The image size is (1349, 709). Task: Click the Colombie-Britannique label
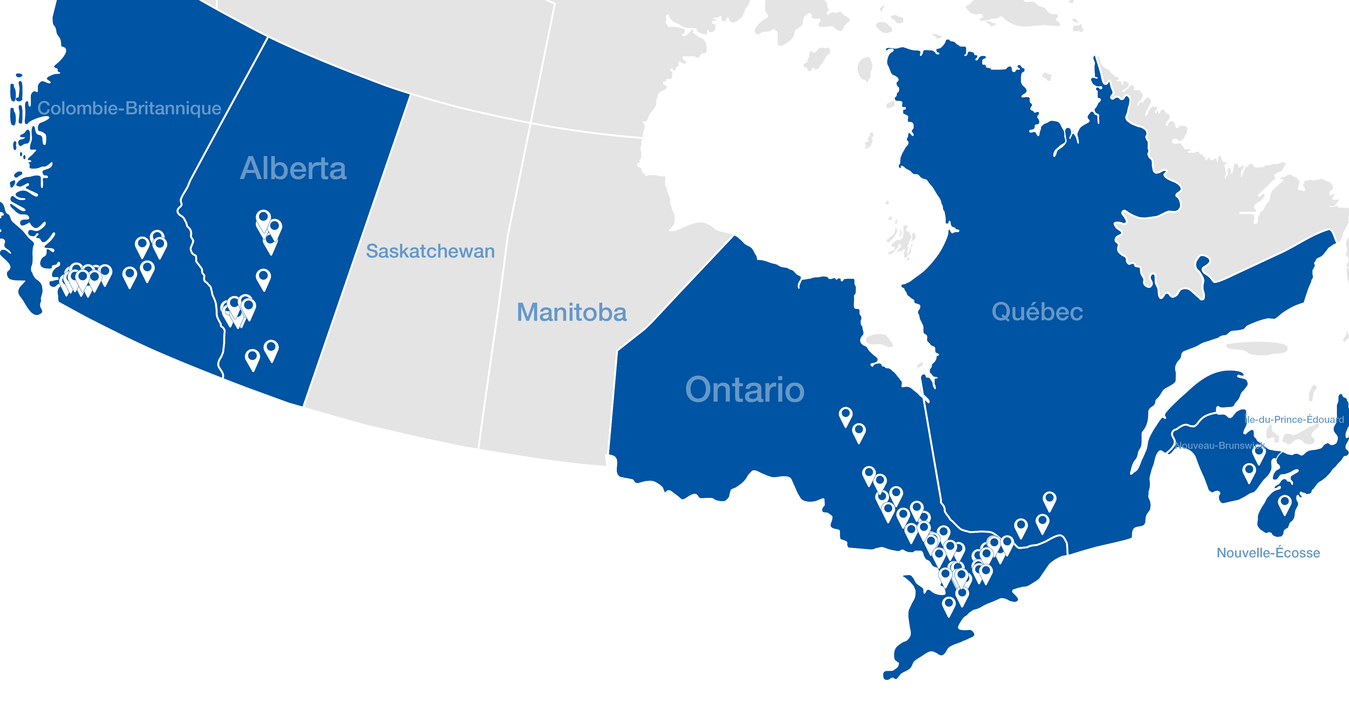coord(129,108)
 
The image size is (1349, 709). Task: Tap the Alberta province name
coord(293,169)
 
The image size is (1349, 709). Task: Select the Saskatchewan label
coord(430,251)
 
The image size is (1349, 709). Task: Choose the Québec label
coord(1037,312)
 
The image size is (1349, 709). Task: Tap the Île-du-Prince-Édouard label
coord(1293,419)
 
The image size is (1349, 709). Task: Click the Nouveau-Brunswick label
coord(1219,445)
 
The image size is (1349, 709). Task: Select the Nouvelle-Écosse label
coord(1268,553)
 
